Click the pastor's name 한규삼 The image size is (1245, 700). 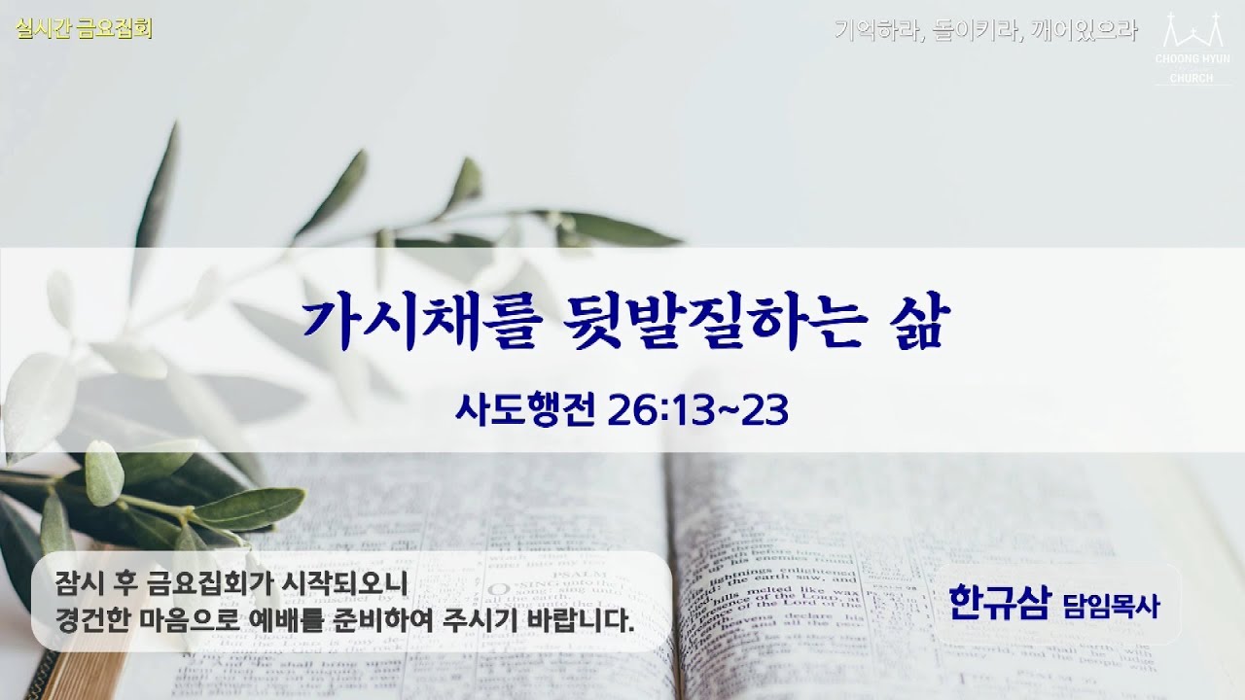click(1000, 603)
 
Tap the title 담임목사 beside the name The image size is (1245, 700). click(1112, 607)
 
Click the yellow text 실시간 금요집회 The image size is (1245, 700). click(84, 29)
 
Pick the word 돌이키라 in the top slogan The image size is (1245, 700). click(967, 30)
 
